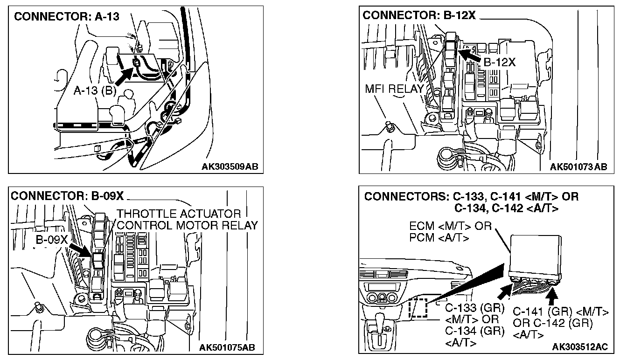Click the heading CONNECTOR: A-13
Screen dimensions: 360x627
click(67, 17)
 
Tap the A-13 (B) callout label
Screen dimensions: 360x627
click(95, 90)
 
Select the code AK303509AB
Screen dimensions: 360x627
click(230, 166)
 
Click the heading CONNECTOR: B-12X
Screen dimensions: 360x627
click(419, 15)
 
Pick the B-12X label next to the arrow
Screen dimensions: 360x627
click(499, 62)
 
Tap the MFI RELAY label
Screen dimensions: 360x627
click(394, 89)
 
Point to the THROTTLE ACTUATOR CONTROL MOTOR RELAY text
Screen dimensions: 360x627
click(187, 220)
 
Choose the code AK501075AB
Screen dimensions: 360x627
click(227, 347)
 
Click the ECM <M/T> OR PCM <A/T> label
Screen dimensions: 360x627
click(450, 232)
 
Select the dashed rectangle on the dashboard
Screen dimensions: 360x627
click(417, 308)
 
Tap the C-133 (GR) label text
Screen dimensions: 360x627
click(474, 308)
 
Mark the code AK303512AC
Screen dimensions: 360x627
click(579, 347)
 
